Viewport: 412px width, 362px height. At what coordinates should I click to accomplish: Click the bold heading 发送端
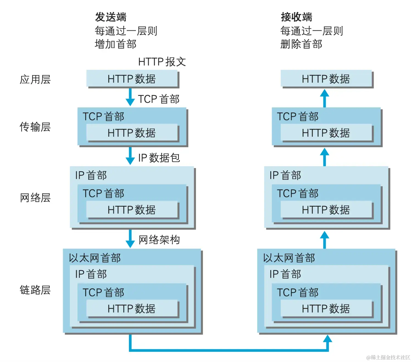[x=110, y=17]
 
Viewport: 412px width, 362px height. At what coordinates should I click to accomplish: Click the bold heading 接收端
[x=296, y=17]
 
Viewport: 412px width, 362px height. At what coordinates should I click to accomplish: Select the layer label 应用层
[x=35, y=80]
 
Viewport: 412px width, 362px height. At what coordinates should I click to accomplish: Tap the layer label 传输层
[x=35, y=127]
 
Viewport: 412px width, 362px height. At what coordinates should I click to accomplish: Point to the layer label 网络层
[x=35, y=198]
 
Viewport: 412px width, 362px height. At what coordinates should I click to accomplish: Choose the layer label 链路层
[x=35, y=290]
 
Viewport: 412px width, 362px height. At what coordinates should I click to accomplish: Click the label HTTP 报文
[x=162, y=62]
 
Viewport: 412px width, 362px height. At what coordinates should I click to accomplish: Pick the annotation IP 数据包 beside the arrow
[x=159, y=158]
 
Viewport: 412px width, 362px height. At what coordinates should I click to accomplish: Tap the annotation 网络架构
[x=159, y=240]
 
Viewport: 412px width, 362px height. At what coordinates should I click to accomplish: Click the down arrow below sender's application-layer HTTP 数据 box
[x=130, y=97]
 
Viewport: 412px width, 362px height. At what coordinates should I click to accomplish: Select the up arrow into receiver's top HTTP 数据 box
[x=325, y=97]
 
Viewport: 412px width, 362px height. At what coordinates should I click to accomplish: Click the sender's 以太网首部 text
[x=95, y=258]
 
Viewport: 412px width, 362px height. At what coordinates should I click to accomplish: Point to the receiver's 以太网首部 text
[x=289, y=258]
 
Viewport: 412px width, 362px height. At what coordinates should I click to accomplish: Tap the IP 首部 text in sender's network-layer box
[x=91, y=175]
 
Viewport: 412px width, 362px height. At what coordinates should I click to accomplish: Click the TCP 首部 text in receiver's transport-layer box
[x=298, y=117]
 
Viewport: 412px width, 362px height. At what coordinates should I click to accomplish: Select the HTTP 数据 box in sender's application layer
[x=132, y=79]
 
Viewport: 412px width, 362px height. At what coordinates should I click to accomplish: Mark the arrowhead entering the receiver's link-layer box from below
[x=327, y=339]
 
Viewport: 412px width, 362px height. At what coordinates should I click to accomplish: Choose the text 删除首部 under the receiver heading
[x=301, y=44]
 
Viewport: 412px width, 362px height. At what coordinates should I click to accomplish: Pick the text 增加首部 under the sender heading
[x=115, y=44]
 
